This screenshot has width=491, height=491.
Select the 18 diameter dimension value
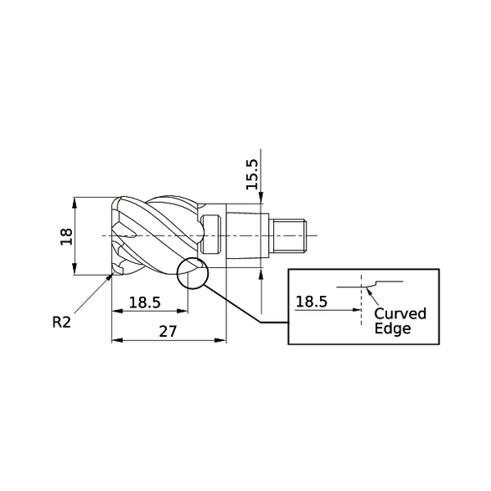coord(67,236)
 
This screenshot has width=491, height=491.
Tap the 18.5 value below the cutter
coord(143,302)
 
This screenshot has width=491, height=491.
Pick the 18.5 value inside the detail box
coord(312,302)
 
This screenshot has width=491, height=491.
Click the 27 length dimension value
coord(168,332)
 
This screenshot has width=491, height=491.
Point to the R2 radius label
coord(61,321)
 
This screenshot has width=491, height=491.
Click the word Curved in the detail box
coord(400,313)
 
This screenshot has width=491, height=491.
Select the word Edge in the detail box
coord(393,328)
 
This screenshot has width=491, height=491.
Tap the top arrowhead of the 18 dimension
coord(75,202)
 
